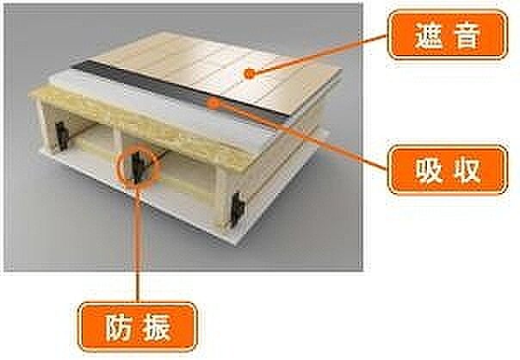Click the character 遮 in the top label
[x=429, y=35]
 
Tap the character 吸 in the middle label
[x=429, y=171]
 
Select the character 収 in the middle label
[x=467, y=171]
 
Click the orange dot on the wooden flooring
[x=250, y=74]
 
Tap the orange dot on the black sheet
[x=215, y=103]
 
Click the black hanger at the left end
[x=62, y=136]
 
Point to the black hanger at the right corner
[x=238, y=209]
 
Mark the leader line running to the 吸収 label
[x=301, y=135]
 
